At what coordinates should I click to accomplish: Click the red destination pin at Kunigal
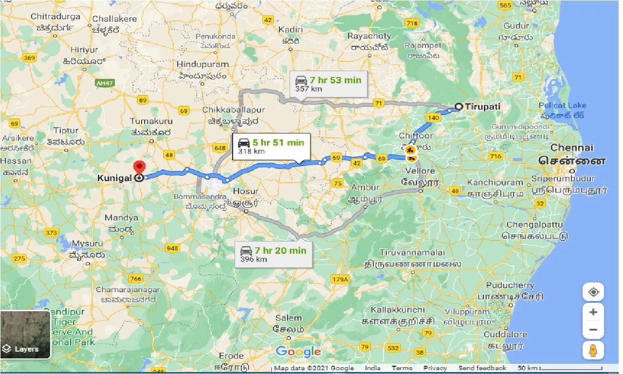(140, 168)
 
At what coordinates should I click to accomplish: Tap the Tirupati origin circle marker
(458, 106)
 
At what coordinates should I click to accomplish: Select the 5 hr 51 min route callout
(271, 147)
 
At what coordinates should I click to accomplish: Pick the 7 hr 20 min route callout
(273, 254)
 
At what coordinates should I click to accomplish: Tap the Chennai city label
(572, 148)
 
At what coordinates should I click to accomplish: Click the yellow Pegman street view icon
(593, 350)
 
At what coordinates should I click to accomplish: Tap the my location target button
(593, 293)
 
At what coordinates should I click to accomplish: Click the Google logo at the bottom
(298, 352)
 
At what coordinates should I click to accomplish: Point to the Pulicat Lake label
(562, 105)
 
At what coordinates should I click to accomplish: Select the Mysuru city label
(87, 243)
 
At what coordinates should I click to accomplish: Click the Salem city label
(288, 318)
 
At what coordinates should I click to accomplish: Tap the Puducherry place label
(510, 285)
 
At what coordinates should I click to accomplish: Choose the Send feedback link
(482, 369)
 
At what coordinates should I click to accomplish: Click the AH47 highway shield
(104, 83)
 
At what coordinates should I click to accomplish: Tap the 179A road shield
(340, 279)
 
